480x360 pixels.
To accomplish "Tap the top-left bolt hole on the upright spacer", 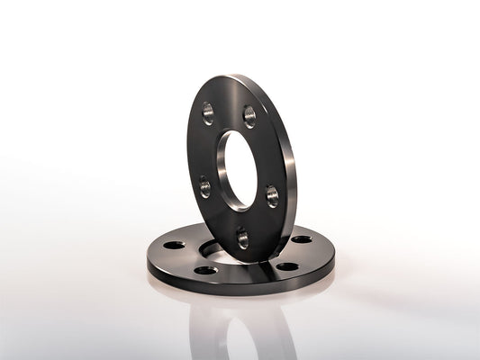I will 208,113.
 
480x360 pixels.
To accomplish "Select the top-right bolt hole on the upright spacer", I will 249,116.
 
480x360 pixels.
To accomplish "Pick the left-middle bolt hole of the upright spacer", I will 205,187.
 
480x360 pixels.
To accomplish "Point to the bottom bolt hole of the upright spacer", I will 242,238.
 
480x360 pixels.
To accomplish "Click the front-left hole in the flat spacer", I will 206,269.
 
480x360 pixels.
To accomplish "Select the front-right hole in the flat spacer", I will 286,266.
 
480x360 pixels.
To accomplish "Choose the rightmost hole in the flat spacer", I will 303,239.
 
